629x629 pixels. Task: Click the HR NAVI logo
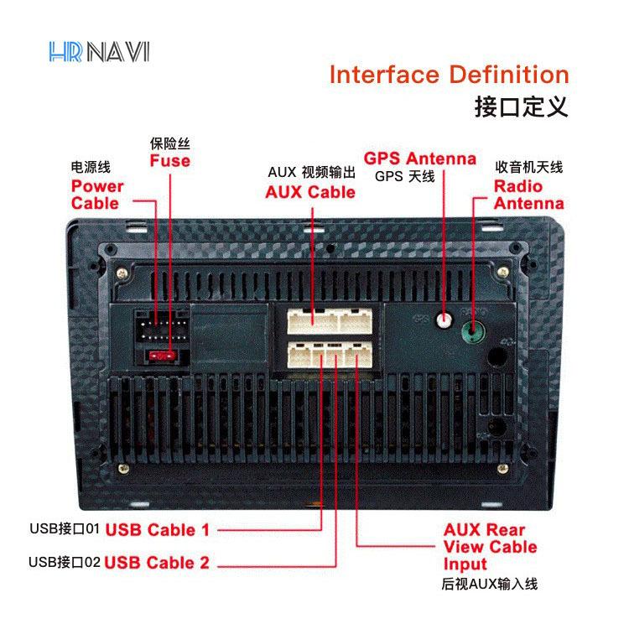99,52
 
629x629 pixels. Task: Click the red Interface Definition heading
450,75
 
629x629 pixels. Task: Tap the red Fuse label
170,160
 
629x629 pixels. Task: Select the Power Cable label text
97,195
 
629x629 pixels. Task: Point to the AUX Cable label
310,192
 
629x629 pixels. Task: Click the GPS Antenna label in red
420,158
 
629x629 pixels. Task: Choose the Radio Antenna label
528,195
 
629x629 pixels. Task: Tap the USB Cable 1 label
158,530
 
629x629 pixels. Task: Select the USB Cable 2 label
157,563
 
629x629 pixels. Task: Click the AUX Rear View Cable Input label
491,547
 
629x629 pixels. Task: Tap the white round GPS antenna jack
444,320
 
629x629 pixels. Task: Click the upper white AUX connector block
330,321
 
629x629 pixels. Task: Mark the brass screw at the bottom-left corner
123,468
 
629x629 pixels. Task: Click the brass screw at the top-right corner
503,273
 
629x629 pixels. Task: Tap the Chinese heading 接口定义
521,107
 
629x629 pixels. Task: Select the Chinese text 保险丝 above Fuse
170,143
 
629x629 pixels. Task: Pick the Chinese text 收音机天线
528,167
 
